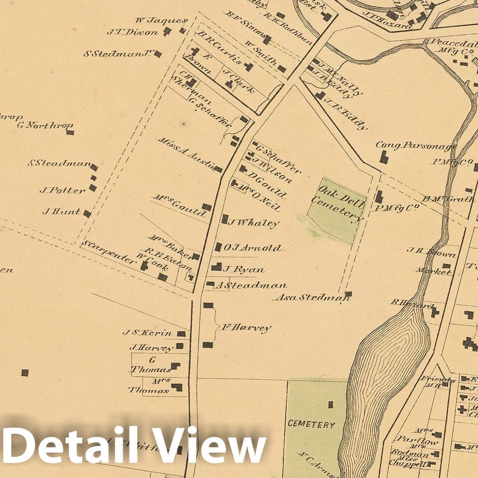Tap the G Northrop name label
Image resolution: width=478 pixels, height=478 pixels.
coord(45,125)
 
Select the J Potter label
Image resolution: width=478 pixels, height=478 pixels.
coord(62,191)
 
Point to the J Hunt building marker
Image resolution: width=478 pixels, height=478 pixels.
coord(87,214)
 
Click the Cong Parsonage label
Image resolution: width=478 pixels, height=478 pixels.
coord(416,146)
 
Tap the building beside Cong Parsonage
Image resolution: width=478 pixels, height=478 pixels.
coord(384,157)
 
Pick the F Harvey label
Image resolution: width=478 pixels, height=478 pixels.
coord(245,328)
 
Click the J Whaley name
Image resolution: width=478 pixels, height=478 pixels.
coord(253,223)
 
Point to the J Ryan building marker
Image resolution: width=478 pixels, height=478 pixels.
coord(217,267)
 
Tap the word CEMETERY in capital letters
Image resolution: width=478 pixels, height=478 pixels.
coord(311,425)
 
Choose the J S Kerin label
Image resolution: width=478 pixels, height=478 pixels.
coord(148,333)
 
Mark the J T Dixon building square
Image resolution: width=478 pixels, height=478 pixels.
coord(167,31)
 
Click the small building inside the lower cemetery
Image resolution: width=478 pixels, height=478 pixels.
coord(330,404)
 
